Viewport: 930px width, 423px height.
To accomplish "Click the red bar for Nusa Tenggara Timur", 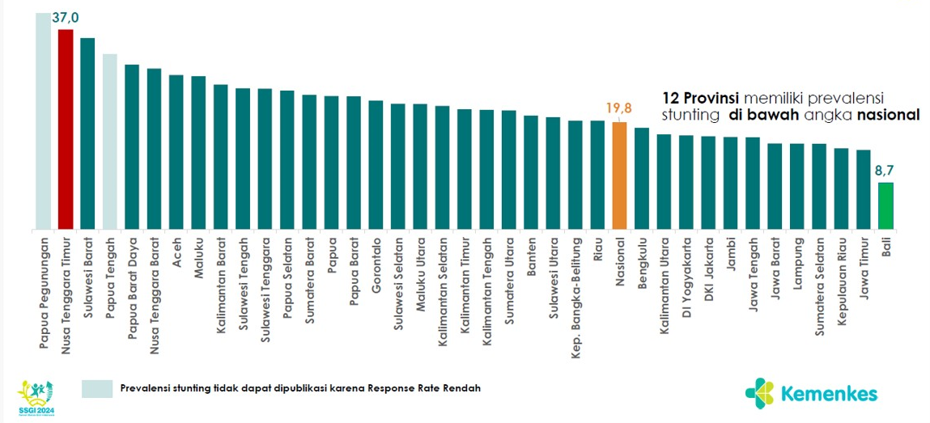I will tap(66, 129).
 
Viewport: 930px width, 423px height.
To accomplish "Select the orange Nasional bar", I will tap(619, 175).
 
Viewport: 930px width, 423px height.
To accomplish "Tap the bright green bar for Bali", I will tap(885, 205).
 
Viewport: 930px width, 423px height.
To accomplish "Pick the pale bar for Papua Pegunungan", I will tap(43, 121).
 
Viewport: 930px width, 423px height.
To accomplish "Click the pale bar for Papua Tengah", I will tap(110, 142).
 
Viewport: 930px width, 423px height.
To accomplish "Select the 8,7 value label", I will tap(885, 171).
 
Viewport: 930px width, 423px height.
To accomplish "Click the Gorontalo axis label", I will tap(376, 260).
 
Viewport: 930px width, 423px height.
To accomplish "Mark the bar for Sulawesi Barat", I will tap(87, 133).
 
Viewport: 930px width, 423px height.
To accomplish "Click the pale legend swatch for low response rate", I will tap(97, 388).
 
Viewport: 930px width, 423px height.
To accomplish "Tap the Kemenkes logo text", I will tap(829, 394).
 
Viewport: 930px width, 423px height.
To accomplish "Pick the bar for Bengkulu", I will tap(642, 178).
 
